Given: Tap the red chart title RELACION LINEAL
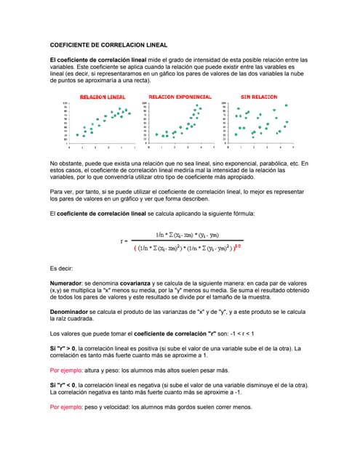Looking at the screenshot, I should point(102,97).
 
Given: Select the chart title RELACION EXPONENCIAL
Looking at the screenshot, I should point(180,97).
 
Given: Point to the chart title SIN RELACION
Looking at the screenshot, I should point(259,97).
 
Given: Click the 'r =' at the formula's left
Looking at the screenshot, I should point(124,241).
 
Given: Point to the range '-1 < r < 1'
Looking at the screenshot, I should point(237,333).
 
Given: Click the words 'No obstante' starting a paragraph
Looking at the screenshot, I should point(66,163).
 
